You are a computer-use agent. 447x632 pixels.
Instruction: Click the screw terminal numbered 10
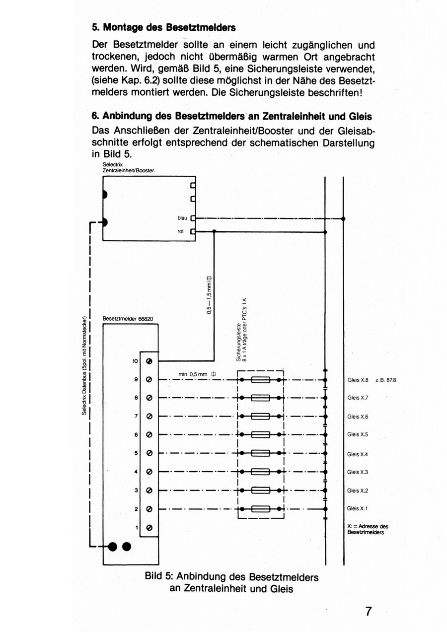(x=149, y=361)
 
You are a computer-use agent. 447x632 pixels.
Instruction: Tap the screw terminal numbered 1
(x=149, y=527)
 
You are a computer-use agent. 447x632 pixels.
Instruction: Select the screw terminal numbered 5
(x=149, y=453)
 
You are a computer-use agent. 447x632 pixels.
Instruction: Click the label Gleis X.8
(x=358, y=380)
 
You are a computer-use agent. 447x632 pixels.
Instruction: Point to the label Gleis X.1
(x=358, y=508)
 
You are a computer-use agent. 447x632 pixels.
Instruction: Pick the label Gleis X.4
(x=358, y=454)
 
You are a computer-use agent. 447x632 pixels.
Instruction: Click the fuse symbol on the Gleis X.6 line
(x=260, y=416)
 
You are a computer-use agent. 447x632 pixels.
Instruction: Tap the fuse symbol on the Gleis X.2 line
(x=260, y=491)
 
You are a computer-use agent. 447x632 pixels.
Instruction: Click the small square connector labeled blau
(x=193, y=218)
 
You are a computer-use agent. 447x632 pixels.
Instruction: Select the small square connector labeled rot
(x=193, y=231)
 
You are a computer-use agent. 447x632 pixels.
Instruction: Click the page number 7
(x=369, y=611)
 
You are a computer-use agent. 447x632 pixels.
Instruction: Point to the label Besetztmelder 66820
(x=128, y=319)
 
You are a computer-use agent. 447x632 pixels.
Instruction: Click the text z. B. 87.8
(x=386, y=380)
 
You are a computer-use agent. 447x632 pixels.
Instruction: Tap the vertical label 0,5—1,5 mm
(x=209, y=295)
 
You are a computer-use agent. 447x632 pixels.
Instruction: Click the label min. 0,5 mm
(x=197, y=374)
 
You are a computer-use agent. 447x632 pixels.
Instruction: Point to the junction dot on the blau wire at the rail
(x=343, y=218)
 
